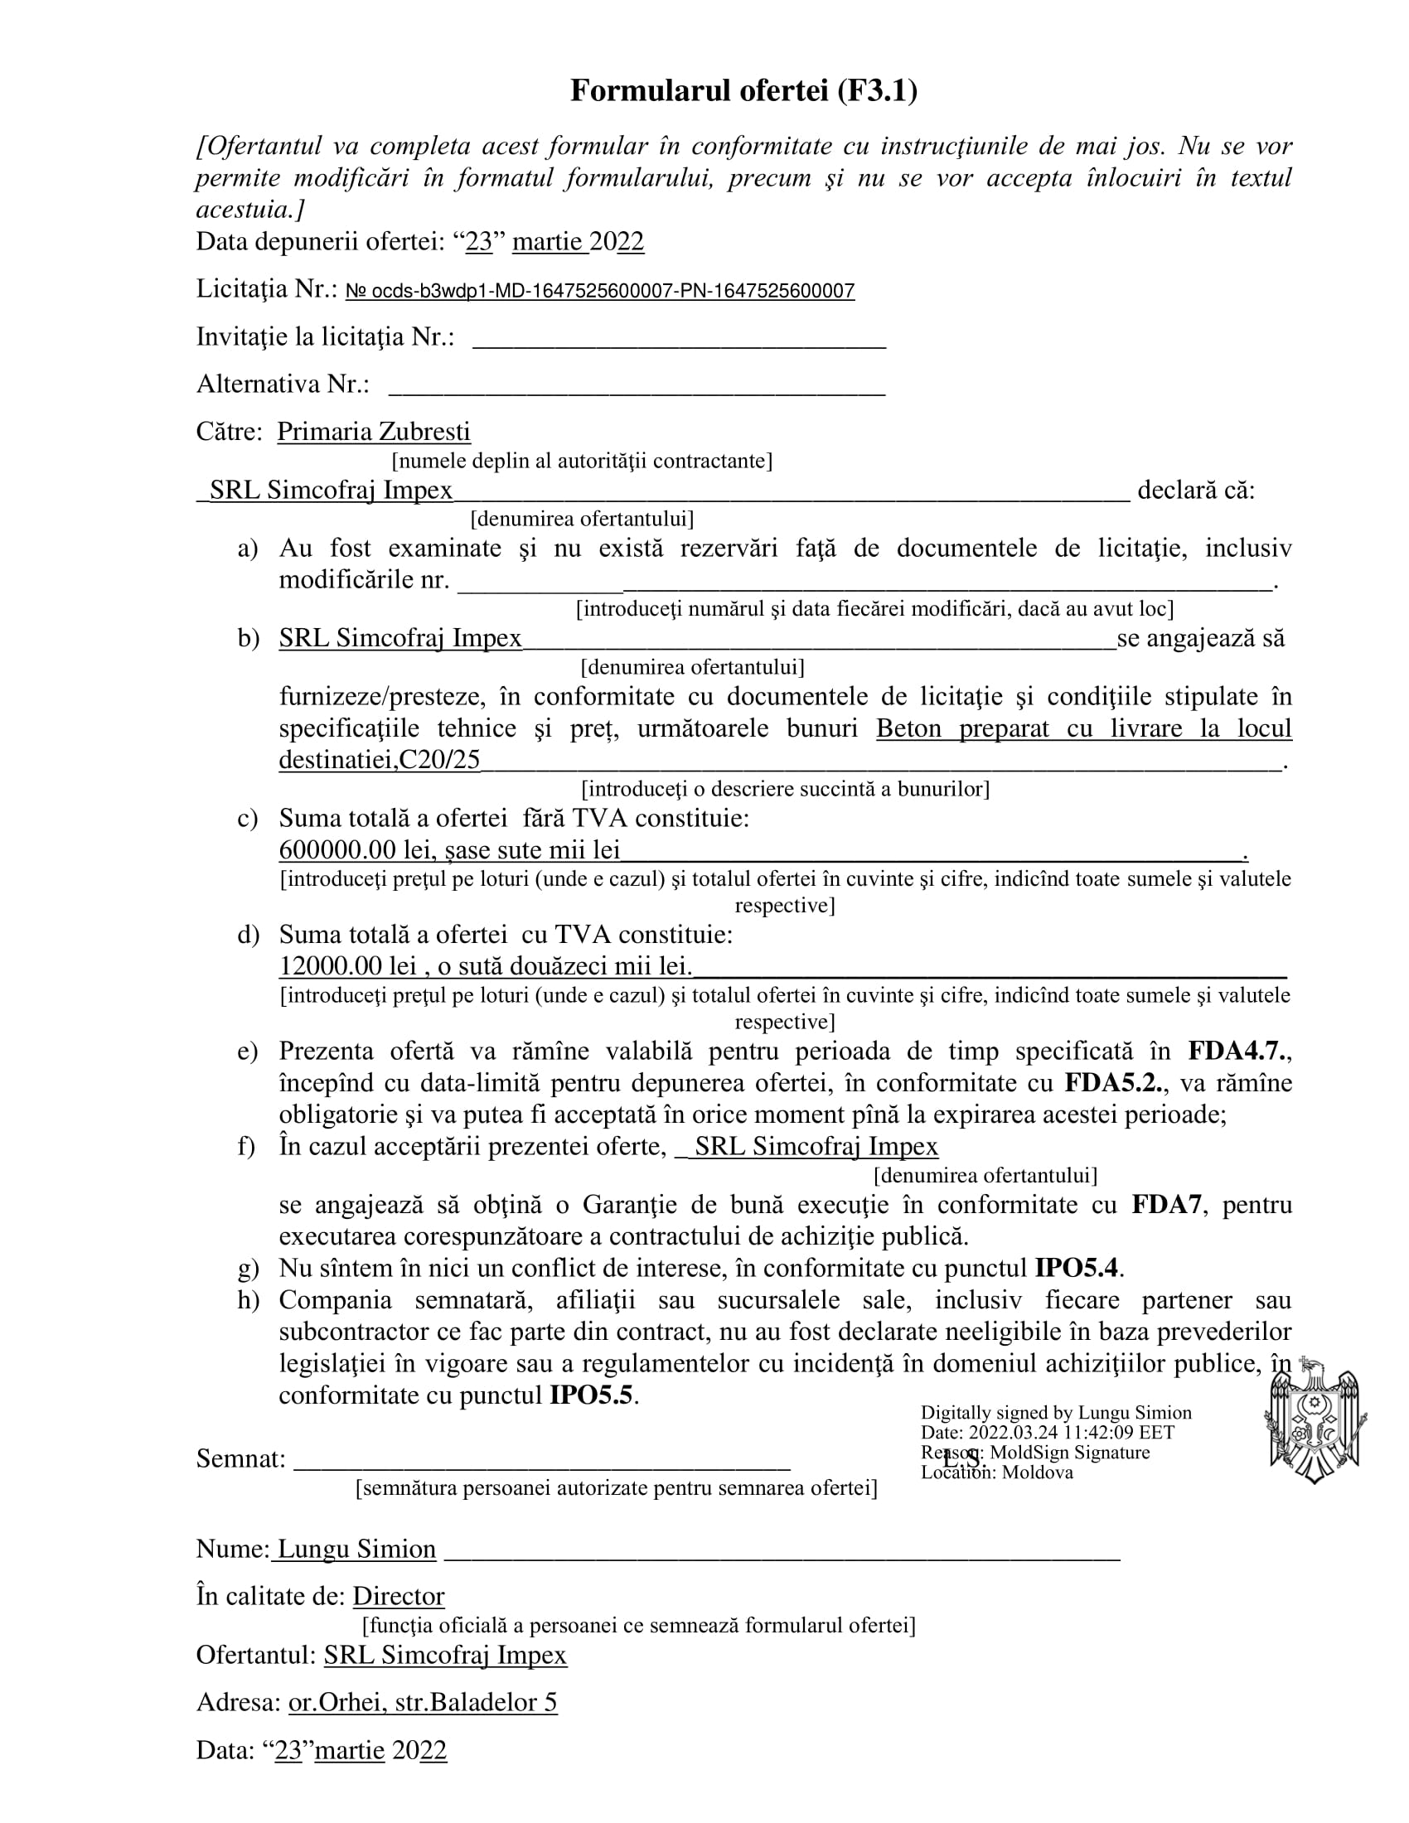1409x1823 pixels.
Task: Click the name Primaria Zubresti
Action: coord(373,432)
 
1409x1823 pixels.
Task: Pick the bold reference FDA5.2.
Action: coord(1113,1083)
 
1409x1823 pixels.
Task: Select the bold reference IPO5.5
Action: coord(591,1395)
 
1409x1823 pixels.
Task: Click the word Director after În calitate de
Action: coord(398,1596)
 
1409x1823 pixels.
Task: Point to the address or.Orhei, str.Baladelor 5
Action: coord(423,1702)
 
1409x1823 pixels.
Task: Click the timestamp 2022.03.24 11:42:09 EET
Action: coord(1072,1433)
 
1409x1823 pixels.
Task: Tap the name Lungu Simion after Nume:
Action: coord(356,1549)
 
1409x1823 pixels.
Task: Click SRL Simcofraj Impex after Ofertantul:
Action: coord(445,1655)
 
